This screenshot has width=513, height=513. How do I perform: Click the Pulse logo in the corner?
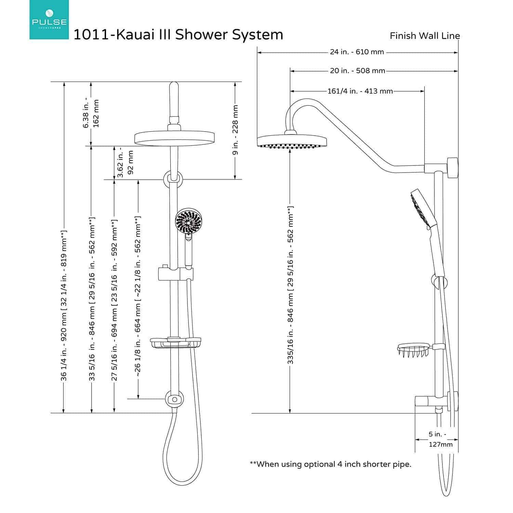tap(49, 19)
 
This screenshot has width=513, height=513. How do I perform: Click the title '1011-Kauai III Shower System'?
tap(178, 35)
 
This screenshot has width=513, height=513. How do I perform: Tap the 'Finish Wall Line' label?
tap(425, 36)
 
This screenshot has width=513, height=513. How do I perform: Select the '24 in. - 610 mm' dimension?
tap(357, 52)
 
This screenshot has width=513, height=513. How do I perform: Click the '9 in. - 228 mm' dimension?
tap(235, 130)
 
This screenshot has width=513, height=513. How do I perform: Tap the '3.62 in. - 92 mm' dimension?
tap(125, 162)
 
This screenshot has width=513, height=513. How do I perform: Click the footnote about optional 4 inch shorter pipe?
tap(330, 464)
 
